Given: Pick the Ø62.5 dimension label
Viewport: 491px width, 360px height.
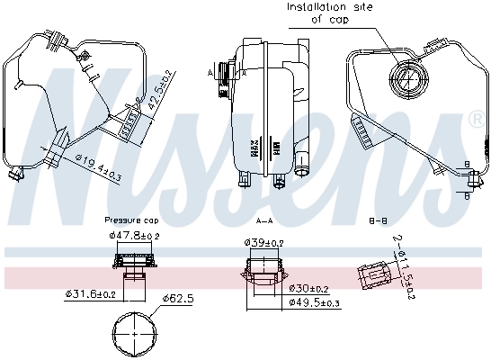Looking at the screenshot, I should point(178,298).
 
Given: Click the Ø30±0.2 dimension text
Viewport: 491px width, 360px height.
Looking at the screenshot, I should point(309,288).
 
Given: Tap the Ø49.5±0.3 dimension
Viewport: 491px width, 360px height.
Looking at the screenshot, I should point(313,302).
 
